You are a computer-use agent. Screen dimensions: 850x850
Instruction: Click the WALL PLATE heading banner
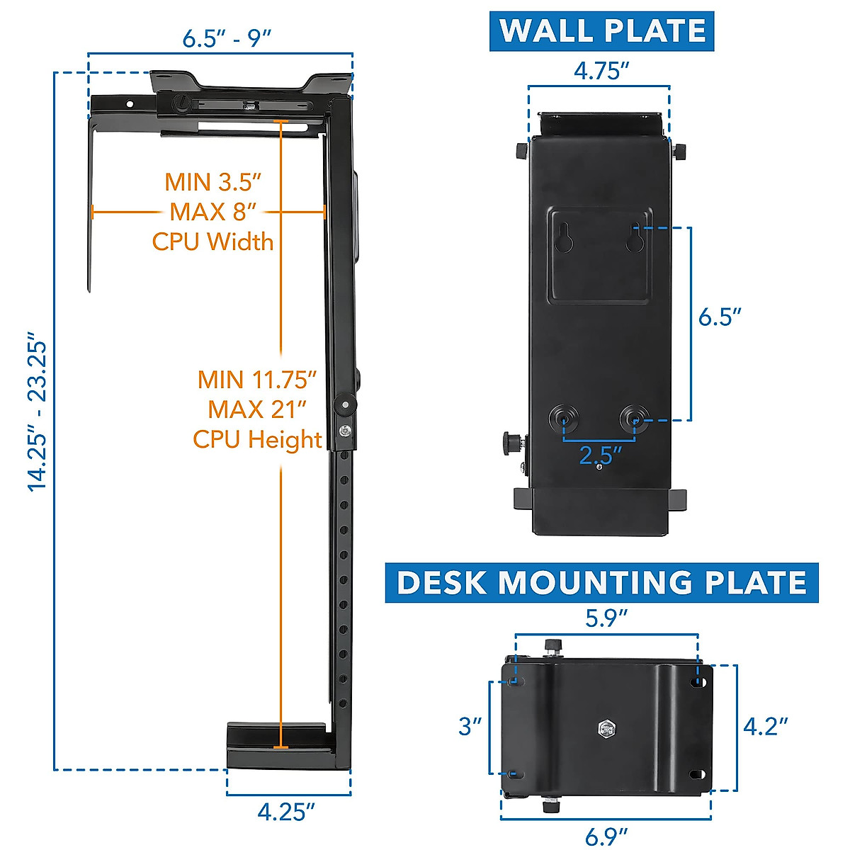coord(602,31)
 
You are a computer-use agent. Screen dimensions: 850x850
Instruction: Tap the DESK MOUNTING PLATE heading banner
coord(601,582)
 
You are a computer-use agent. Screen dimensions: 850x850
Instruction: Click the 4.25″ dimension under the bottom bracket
coord(285,811)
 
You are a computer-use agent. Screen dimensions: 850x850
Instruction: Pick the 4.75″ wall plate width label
coord(601,71)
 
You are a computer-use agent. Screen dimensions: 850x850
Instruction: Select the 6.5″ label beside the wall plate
coord(720,317)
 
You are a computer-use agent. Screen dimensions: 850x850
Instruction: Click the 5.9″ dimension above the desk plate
coord(606,618)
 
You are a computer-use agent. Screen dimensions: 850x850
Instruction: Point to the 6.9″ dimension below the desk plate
coord(606,837)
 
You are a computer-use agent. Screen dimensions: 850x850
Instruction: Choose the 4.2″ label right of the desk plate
coord(766,726)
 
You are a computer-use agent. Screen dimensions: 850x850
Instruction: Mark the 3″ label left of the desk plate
coord(470,726)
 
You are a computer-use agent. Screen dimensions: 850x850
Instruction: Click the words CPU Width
coord(212,242)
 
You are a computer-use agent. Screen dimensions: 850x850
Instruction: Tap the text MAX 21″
coord(257,409)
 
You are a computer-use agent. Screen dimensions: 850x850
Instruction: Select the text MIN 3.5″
coord(213,182)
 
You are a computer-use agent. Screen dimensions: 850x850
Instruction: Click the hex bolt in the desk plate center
coord(607,729)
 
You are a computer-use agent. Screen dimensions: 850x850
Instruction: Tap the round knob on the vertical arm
coord(346,405)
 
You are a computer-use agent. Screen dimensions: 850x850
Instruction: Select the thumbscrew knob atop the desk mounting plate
coord(552,646)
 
